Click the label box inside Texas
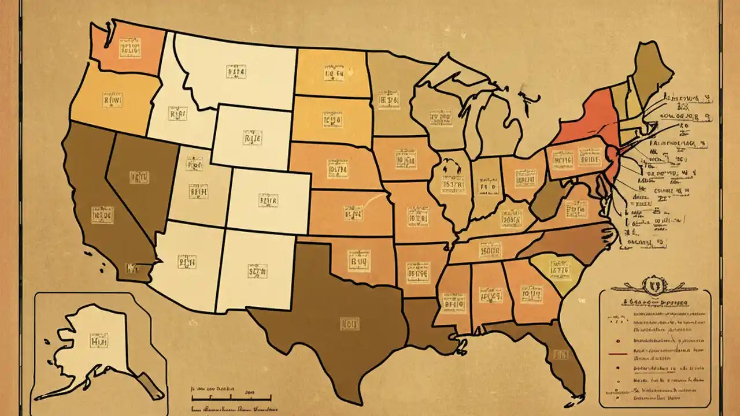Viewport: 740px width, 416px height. coord(349,323)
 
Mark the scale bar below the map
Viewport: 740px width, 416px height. coord(231,398)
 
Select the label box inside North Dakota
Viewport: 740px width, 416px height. coord(334,74)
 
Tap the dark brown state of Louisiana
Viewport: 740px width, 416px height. coord(428,326)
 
